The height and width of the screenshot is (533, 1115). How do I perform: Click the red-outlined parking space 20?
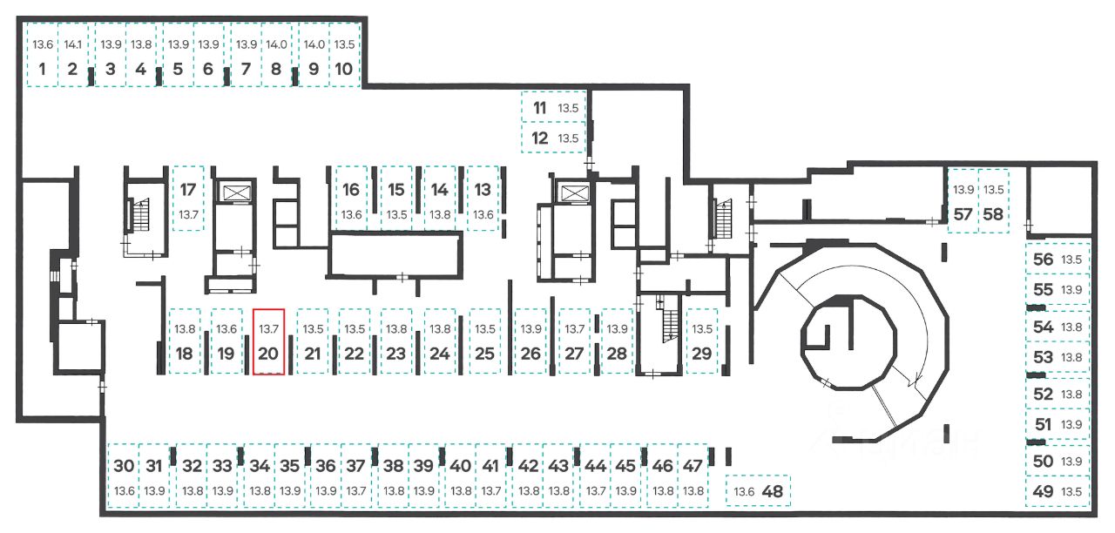pos(268,342)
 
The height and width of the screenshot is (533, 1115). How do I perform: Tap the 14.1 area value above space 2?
pos(72,44)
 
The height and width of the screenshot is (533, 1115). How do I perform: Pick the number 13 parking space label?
pos(483,190)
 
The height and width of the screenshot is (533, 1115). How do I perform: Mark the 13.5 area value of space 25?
pos(485,329)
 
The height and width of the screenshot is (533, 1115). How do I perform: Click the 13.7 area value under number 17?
pos(189,215)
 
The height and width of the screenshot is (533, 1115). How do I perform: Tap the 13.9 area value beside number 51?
pos(1071,424)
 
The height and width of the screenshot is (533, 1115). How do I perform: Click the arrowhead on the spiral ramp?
pos(916,381)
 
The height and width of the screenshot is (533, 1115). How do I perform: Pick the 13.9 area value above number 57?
pos(963,190)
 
